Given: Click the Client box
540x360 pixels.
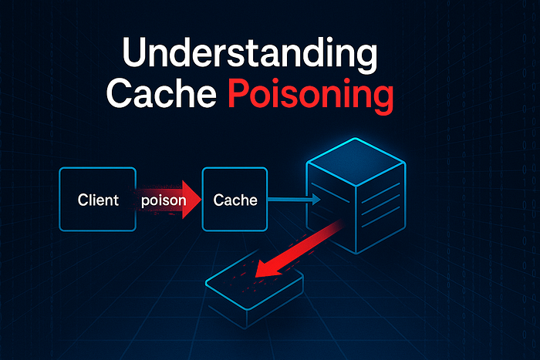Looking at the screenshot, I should click(x=98, y=200).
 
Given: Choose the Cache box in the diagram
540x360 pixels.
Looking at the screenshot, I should click(x=235, y=200).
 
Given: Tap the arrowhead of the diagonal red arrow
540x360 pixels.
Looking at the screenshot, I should click(x=267, y=267).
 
